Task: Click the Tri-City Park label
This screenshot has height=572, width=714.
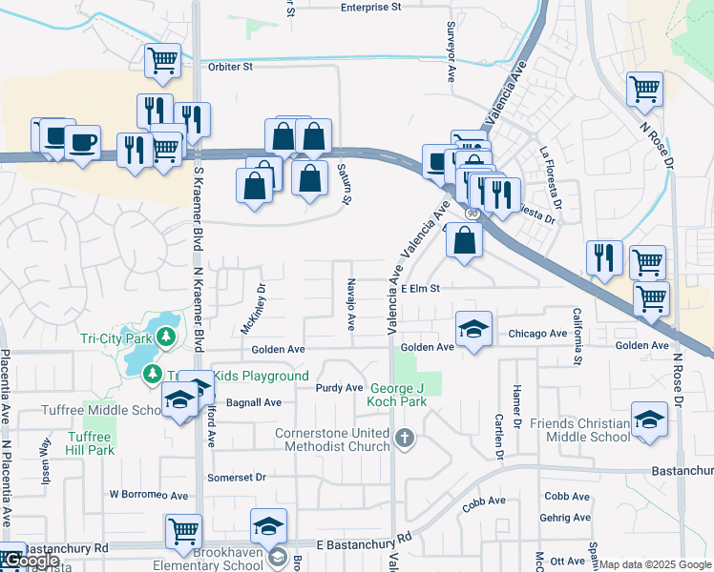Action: [x=117, y=337]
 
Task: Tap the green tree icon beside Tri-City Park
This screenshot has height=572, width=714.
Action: [x=166, y=337]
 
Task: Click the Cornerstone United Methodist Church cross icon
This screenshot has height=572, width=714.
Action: [x=404, y=439]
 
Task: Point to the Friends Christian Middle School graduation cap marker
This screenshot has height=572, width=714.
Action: [x=649, y=419]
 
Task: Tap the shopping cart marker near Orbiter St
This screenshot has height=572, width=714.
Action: [x=162, y=60]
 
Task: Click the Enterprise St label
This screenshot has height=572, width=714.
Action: [x=371, y=7]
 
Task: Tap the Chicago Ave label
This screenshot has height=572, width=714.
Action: [x=537, y=334]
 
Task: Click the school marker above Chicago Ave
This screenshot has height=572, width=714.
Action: [x=473, y=329]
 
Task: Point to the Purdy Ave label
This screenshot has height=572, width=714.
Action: [x=340, y=388]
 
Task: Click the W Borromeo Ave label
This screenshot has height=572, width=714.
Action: [x=148, y=495]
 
